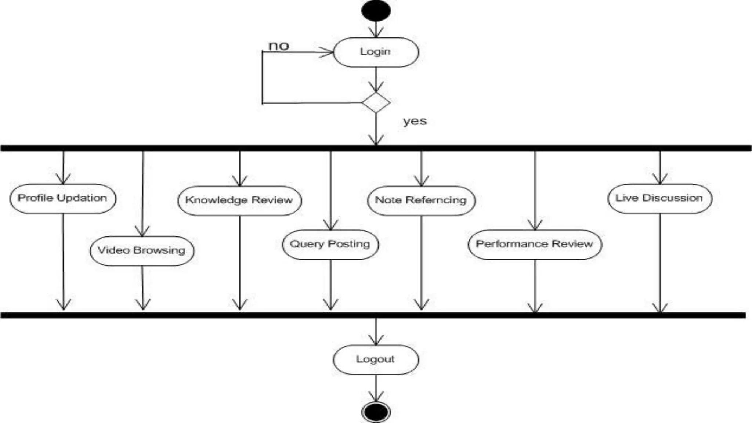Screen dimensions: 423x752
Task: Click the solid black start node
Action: pyautogui.click(x=376, y=11)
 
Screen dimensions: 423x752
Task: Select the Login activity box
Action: pyautogui.click(x=376, y=52)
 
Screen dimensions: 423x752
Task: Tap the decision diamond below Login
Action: pyautogui.click(x=376, y=102)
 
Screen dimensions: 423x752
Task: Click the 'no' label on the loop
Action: pyautogui.click(x=279, y=46)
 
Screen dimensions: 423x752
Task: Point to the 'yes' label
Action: pyautogui.click(x=415, y=121)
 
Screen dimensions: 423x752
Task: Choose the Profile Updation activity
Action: pyautogui.click(x=63, y=198)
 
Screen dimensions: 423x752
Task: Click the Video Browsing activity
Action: pyautogui.click(x=142, y=251)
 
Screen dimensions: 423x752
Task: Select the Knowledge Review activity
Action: pyautogui.click(x=239, y=200)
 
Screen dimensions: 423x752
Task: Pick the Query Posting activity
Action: pyautogui.click(x=330, y=245)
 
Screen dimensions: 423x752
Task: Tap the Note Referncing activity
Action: pyautogui.click(x=421, y=200)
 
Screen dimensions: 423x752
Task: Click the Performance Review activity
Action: pyautogui.click(x=535, y=245)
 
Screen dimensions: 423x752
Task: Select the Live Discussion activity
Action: pyautogui.click(x=659, y=198)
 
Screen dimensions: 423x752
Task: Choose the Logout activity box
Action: pyautogui.click(x=376, y=359)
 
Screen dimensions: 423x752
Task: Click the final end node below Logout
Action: pyautogui.click(x=376, y=412)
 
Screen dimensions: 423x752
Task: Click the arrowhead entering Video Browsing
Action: pyautogui.click(x=142, y=232)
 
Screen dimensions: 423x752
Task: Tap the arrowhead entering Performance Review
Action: pyautogui.click(x=535, y=225)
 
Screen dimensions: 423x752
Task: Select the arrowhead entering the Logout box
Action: pyautogui.click(x=376, y=340)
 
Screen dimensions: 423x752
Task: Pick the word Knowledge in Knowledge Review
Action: pyautogui.click(x=216, y=200)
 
